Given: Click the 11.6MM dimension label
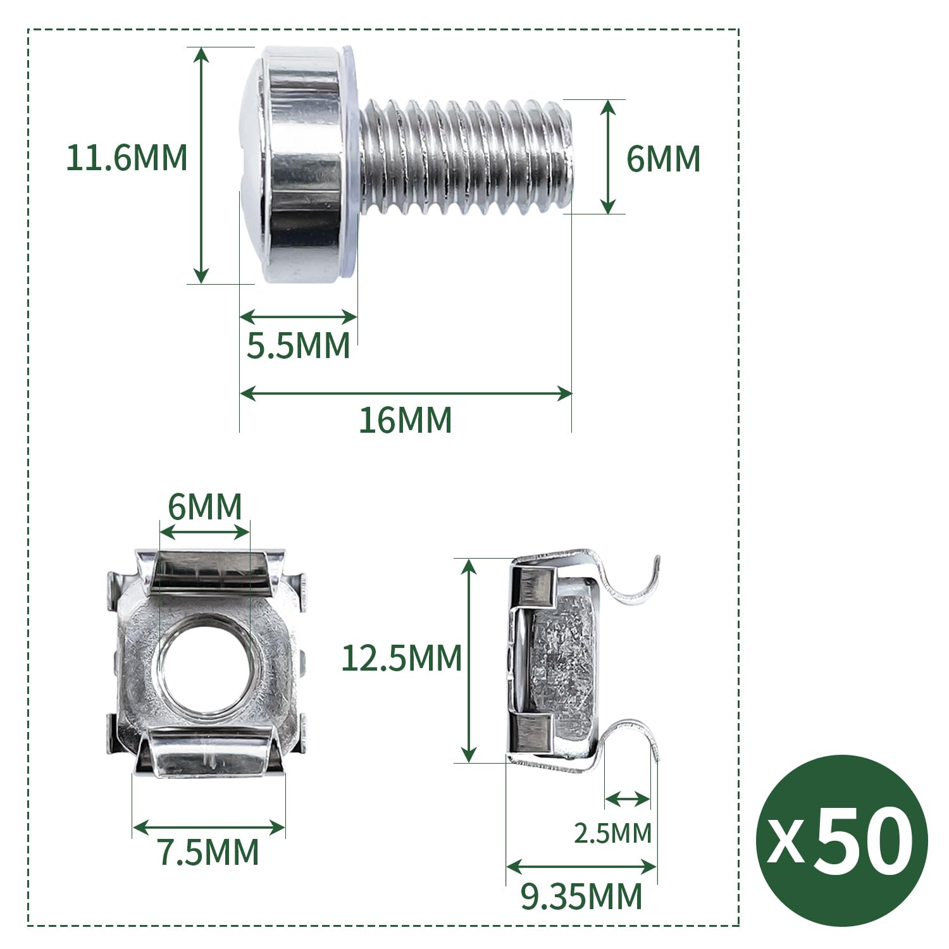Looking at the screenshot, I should click(x=127, y=158).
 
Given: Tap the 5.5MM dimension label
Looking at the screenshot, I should click(x=298, y=346).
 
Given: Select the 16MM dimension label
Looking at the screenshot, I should click(x=405, y=420).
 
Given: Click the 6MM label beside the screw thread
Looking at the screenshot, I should click(x=663, y=159).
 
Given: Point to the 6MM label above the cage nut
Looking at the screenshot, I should click(x=205, y=507).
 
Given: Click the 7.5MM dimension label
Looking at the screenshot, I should click(x=208, y=852).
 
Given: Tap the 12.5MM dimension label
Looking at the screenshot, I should click(x=401, y=658).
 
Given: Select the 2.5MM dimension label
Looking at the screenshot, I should click(x=612, y=833).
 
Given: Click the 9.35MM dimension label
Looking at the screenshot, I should click(x=581, y=896).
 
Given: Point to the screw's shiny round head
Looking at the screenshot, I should click(x=297, y=164).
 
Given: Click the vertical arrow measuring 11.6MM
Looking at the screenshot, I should click(x=201, y=164).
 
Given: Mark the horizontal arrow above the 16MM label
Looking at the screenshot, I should click(x=405, y=394).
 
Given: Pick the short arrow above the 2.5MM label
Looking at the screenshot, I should click(x=627, y=800).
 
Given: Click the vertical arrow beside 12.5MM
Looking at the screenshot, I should click(x=468, y=660).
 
